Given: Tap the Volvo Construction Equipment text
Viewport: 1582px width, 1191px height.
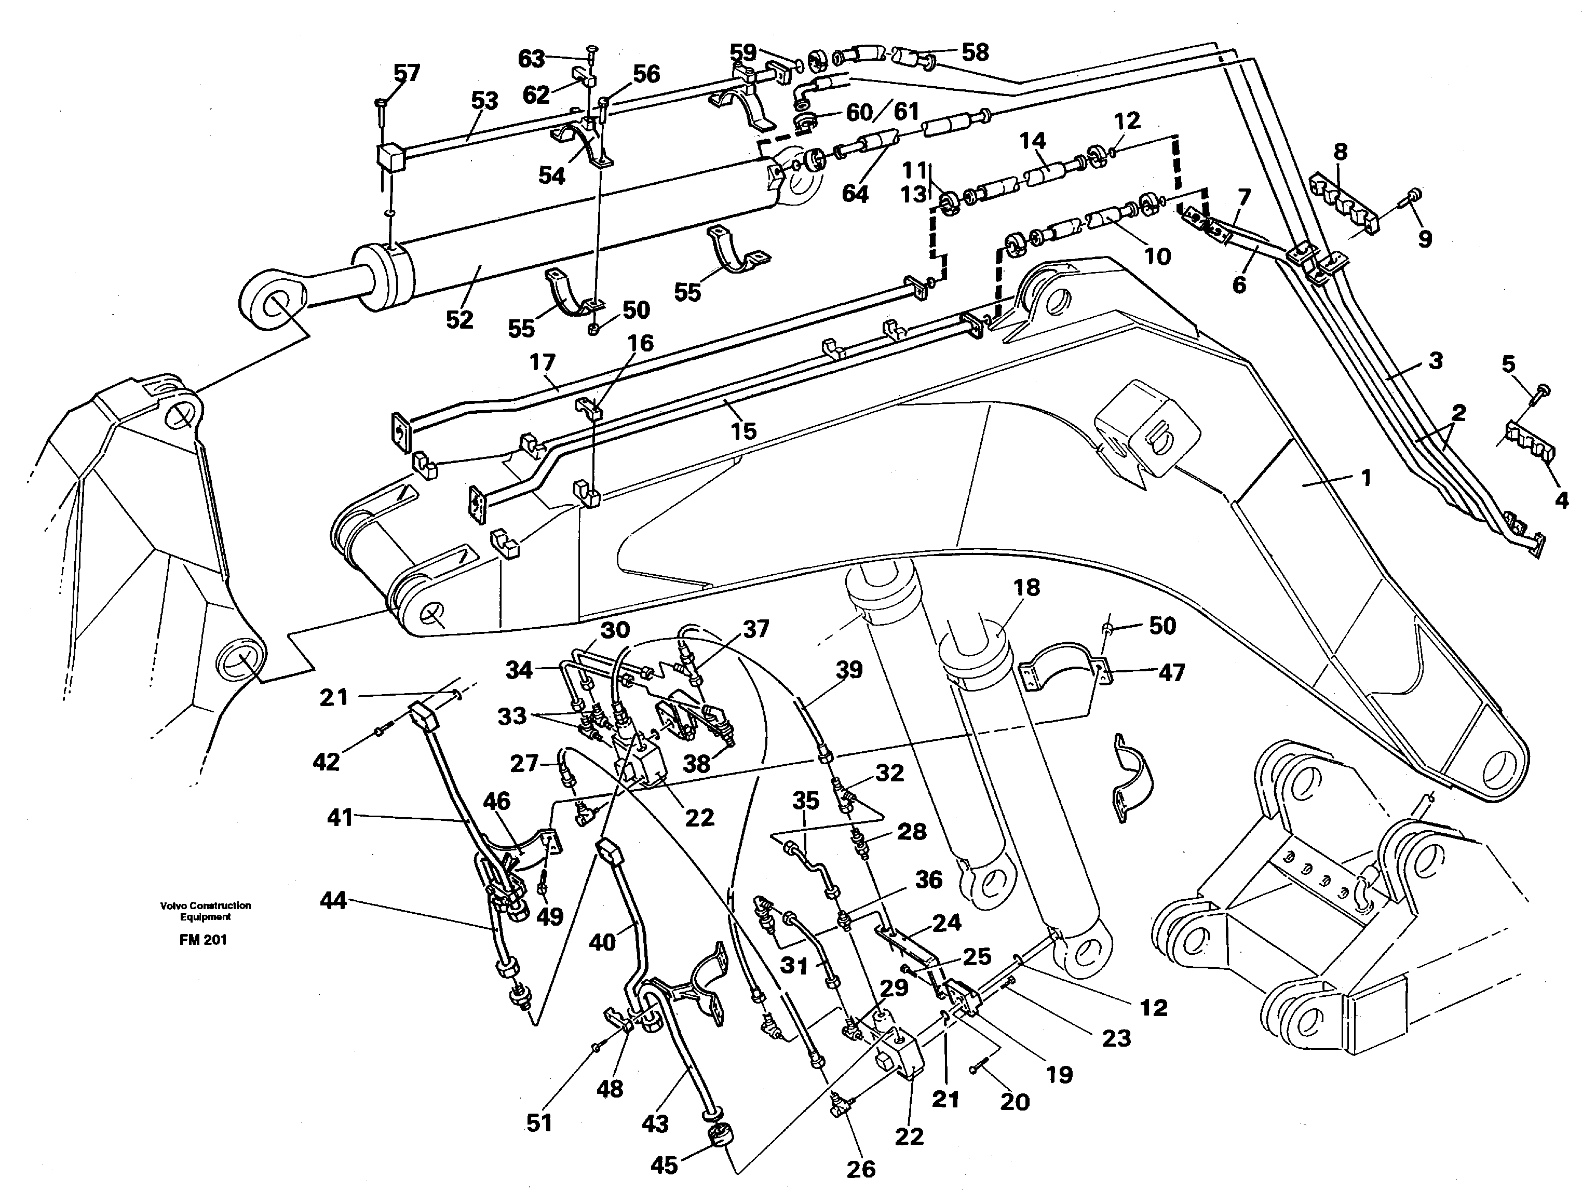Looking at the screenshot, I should coord(205,911).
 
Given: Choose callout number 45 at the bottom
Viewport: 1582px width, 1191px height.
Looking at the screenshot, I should coord(664,1165).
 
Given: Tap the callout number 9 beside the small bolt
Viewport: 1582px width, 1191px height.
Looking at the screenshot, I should coord(1425,239).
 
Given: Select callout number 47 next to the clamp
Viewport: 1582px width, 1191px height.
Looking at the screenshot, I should coord(1171,672).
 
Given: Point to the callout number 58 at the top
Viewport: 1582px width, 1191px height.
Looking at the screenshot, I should coord(975,52).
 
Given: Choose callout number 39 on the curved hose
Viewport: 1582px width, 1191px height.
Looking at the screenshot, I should coord(849,670).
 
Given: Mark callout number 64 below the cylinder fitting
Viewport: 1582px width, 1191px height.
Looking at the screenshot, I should coord(855,193).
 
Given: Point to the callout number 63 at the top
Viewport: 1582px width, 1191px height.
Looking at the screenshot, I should coord(531,59).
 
